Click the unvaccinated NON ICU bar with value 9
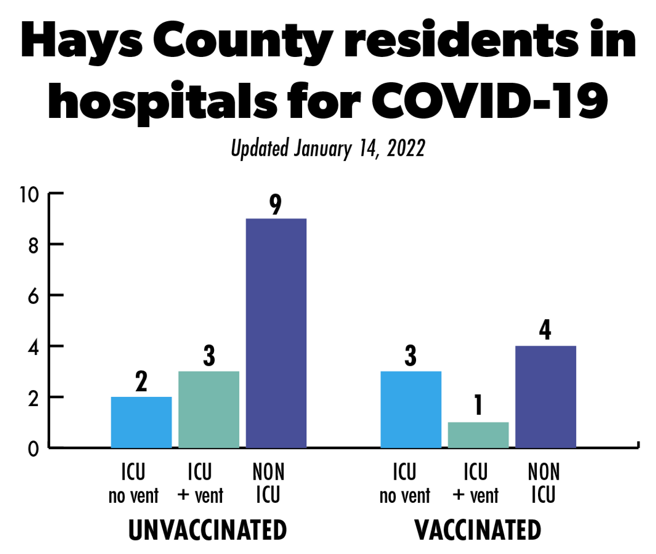click(276, 333)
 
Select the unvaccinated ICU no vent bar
click(141, 422)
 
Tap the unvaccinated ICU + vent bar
click(208, 409)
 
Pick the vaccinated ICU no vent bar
click(411, 409)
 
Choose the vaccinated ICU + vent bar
click(478, 434)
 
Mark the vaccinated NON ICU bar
click(546, 396)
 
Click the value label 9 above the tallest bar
click(276, 205)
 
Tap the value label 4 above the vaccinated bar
click(546, 332)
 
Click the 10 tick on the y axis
click(28, 194)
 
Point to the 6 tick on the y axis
click(33, 296)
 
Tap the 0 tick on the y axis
click(33, 448)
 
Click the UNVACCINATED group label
click(207, 530)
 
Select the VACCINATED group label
click(478, 530)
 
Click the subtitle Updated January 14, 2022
click(327, 149)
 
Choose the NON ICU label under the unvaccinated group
click(268, 483)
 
